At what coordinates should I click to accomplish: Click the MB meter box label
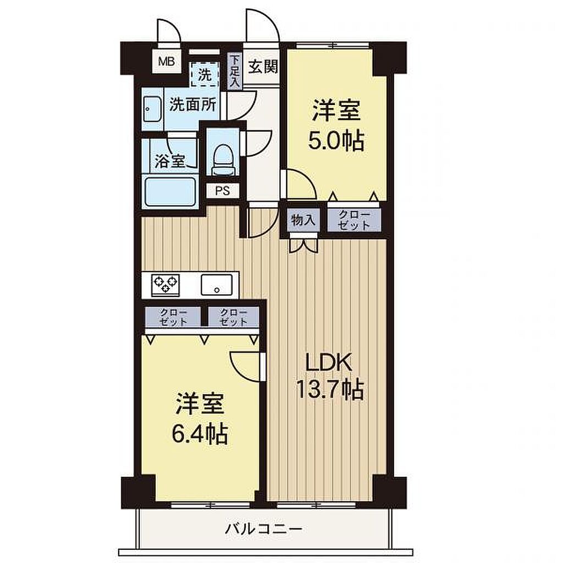(167, 62)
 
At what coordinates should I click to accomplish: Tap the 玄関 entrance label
(263, 67)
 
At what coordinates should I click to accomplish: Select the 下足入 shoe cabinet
(234, 71)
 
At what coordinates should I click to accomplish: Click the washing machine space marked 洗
(205, 74)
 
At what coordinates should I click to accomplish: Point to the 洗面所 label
(193, 104)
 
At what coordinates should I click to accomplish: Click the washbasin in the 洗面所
(152, 109)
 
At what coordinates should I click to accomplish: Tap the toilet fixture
(223, 160)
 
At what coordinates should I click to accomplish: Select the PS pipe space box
(223, 190)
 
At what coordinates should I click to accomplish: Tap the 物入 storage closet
(303, 220)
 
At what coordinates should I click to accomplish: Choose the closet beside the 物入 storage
(354, 220)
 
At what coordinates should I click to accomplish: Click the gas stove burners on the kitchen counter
(165, 285)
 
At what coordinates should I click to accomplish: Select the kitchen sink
(217, 285)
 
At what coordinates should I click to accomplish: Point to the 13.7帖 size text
(330, 389)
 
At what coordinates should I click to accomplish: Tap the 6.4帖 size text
(200, 434)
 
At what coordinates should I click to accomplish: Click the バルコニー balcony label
(264, 528)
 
